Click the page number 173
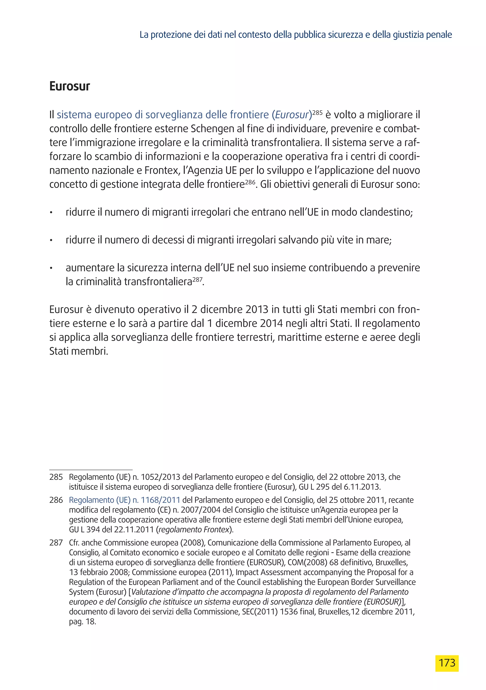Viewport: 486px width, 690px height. tap(447, 663)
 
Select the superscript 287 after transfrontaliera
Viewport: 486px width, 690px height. tap(197, 279)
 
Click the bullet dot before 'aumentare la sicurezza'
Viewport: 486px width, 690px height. tap(51, 268)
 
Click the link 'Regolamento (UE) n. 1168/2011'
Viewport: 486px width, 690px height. tap(124, 500)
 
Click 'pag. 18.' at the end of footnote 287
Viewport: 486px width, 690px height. tap(82, 621)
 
